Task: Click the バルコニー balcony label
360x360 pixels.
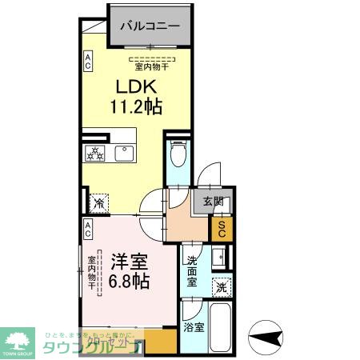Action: (150, 26)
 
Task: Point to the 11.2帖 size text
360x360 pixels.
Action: (135, 106)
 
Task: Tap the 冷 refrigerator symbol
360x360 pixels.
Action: (99, 203)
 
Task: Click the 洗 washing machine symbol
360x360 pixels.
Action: (220, 287)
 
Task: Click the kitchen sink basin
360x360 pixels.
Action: (126, 153)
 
